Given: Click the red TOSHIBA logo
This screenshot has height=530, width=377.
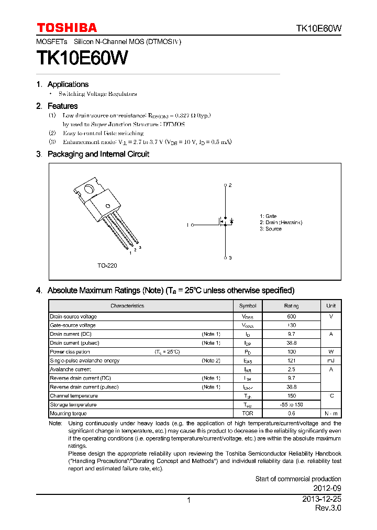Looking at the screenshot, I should (x=66, y=28).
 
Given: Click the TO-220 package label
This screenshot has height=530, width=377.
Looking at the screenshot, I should (x=107, y=266).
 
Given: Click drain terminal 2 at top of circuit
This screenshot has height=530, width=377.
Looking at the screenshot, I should (x=226, y=185).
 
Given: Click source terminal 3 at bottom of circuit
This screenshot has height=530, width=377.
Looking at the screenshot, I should (x=226, y=258).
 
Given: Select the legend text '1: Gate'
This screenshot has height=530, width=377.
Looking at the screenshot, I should (x=268, y=216).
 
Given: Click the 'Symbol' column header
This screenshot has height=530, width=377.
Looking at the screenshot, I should (x=248, y=306).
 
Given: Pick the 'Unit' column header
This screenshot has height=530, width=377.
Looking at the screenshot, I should (x=331, y=306).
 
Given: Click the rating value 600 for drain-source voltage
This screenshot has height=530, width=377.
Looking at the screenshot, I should (x=292, y=316).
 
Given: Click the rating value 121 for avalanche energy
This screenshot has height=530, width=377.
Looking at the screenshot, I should (x=292, y=360).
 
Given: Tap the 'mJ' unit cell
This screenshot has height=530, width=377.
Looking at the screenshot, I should (x=331, y=360).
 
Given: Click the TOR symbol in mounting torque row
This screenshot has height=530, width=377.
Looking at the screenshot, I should (x=248, y=413).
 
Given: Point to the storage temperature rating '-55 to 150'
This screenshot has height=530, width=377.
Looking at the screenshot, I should (x=292, y=404).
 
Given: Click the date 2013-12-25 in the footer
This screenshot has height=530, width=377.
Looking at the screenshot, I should (x=321, y=500).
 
